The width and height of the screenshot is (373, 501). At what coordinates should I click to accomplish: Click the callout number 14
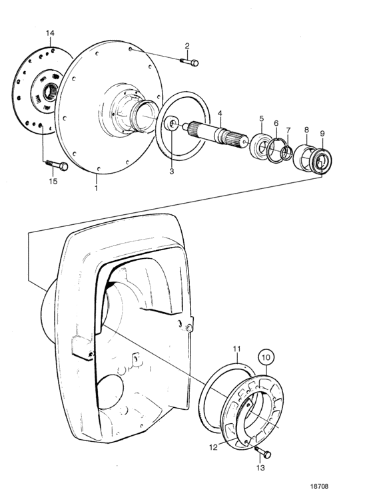[50, 33]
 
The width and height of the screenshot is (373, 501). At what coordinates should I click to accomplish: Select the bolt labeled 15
[57, 165]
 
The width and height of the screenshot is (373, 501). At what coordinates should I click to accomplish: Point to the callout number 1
[96, 187]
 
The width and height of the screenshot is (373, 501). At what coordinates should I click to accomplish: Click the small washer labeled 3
[171, 123]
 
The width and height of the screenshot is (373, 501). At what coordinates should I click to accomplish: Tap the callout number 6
[276, 123]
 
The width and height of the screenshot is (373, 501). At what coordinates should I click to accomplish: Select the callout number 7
[288, 130]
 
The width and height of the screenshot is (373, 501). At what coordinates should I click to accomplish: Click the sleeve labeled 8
[305, 156]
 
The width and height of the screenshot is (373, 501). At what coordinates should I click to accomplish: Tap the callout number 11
[236, 349]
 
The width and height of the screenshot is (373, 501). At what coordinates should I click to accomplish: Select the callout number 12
[213, 447]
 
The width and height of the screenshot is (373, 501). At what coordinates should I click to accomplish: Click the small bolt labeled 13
[263, 452]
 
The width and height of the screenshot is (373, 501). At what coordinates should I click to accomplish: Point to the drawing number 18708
[319, 486]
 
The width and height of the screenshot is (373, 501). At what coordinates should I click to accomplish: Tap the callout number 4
[219, 113]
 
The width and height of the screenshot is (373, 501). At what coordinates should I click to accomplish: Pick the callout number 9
[322, 133]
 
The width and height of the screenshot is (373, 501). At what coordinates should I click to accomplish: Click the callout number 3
[171, 171]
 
